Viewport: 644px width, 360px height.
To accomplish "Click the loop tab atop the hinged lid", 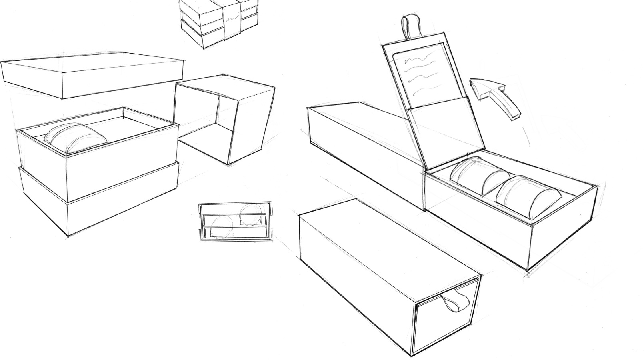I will pyautogui.click(x=410, y=26).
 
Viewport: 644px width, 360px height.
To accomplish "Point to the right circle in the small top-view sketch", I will pyautogui.click(x=250, y=214).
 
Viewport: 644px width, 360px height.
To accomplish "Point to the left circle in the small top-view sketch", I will pyautogui.click(x=220, y=227).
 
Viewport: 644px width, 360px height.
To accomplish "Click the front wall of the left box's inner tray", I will pyautogui.click(x=120, y=172).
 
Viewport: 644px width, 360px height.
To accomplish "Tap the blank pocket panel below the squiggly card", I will pyautogui.click(x=440, y=128).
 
